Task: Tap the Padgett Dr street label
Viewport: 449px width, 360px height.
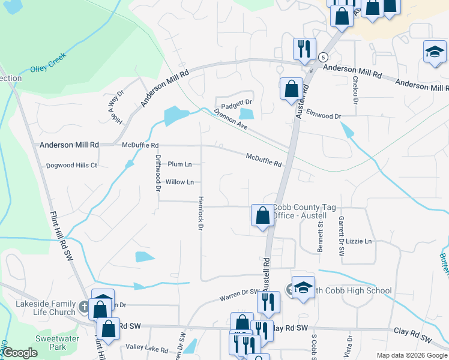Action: (234, 100)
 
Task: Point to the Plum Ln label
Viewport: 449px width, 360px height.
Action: (179, 164)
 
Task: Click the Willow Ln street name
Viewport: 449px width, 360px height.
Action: (179, 182)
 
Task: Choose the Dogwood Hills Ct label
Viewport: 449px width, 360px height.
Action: (71, 166)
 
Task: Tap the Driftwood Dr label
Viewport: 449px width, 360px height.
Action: (158, 173)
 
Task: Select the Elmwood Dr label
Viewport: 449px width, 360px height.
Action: (323, 114)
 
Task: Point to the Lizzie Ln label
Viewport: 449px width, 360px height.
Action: (359, 241)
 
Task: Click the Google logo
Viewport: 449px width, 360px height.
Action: (20, 353)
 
